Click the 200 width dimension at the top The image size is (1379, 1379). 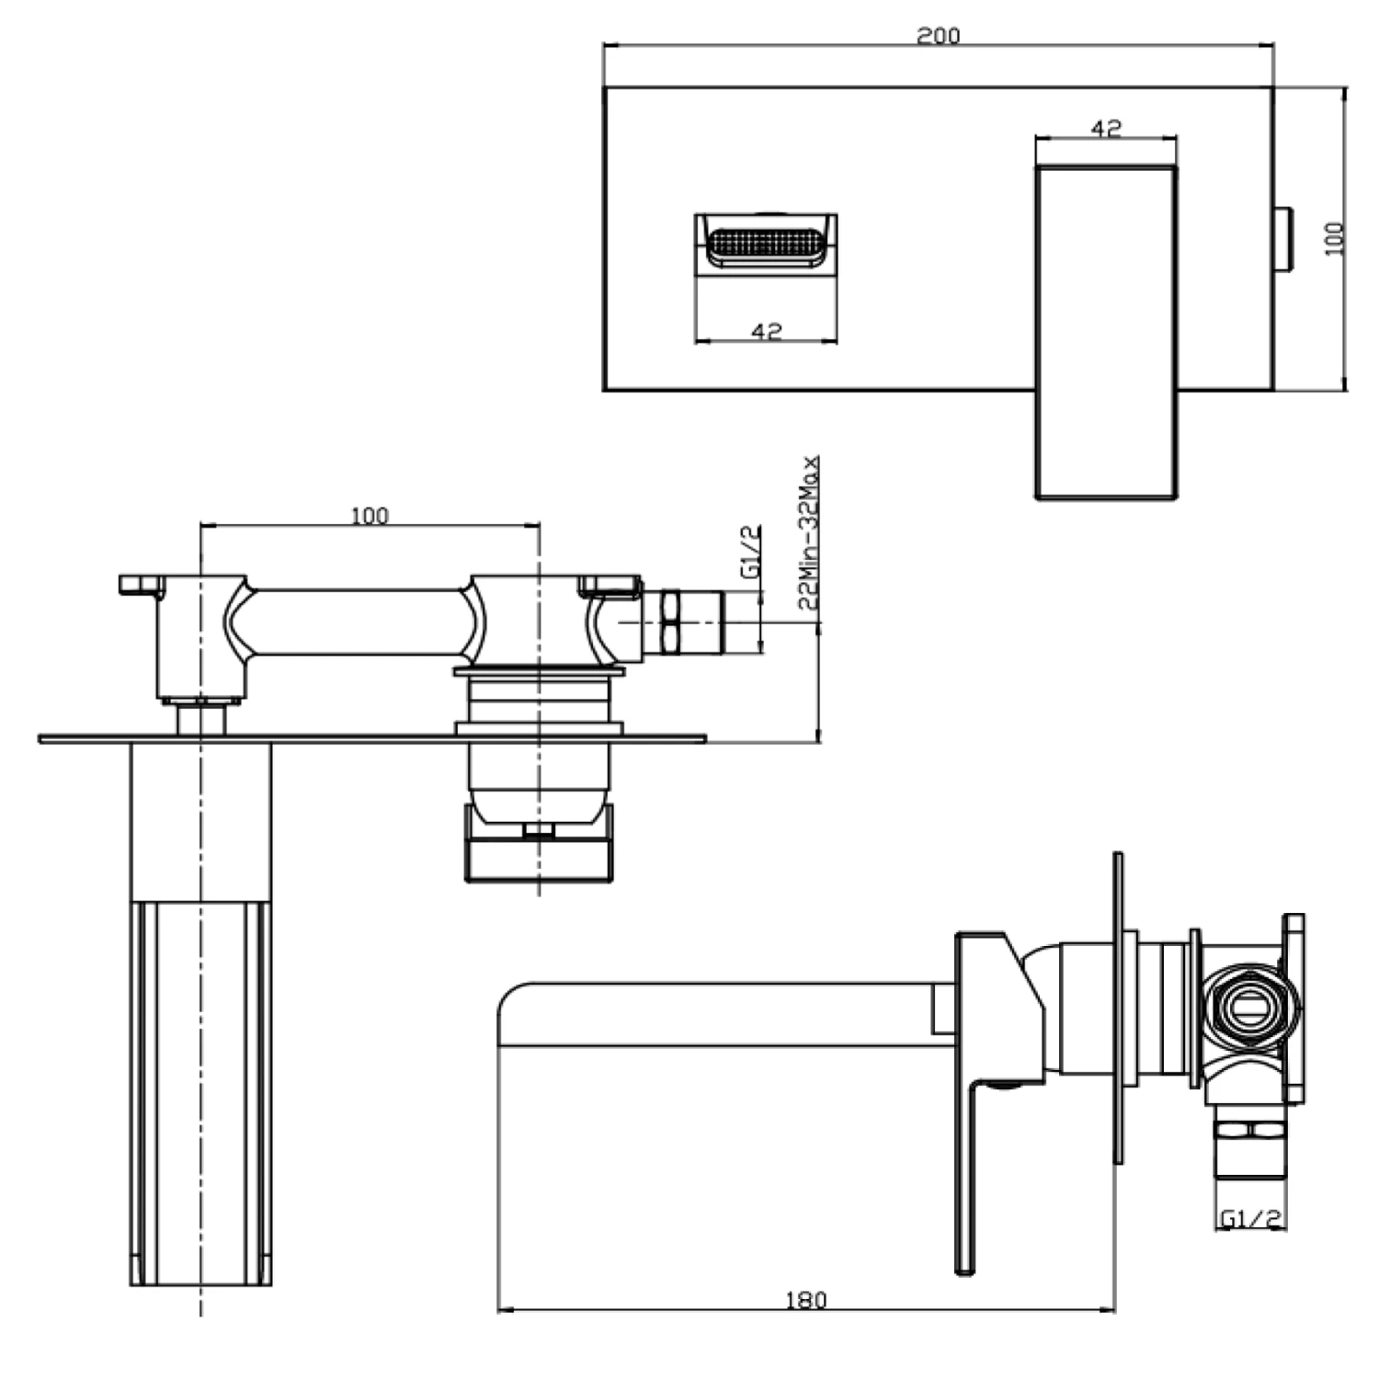tap(938, 35)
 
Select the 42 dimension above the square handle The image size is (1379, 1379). tap(1106, 128)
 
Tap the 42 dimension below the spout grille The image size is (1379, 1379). tap(766, 330)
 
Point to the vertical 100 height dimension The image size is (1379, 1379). tap(1335, 238)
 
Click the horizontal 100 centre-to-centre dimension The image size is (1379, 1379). tap(370, 515)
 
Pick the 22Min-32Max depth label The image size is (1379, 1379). tap(808, 532)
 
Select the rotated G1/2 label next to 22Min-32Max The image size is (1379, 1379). tap(751, 552)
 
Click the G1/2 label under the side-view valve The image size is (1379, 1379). tap(1249, 1218)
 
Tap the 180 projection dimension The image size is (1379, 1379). tap(805, 1299)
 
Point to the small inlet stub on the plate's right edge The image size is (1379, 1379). tap(1283, 239)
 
